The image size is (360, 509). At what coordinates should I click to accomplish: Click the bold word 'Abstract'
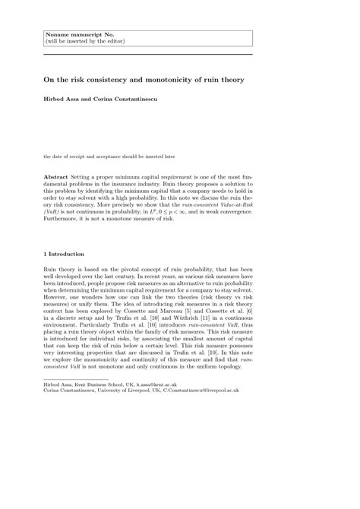coord(58,175)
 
